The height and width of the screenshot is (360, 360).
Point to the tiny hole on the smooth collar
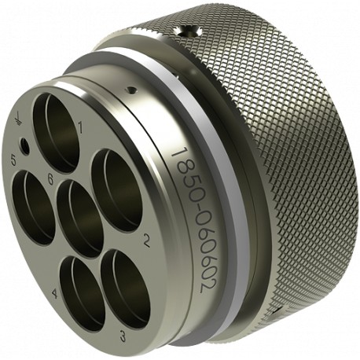(132, 90)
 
